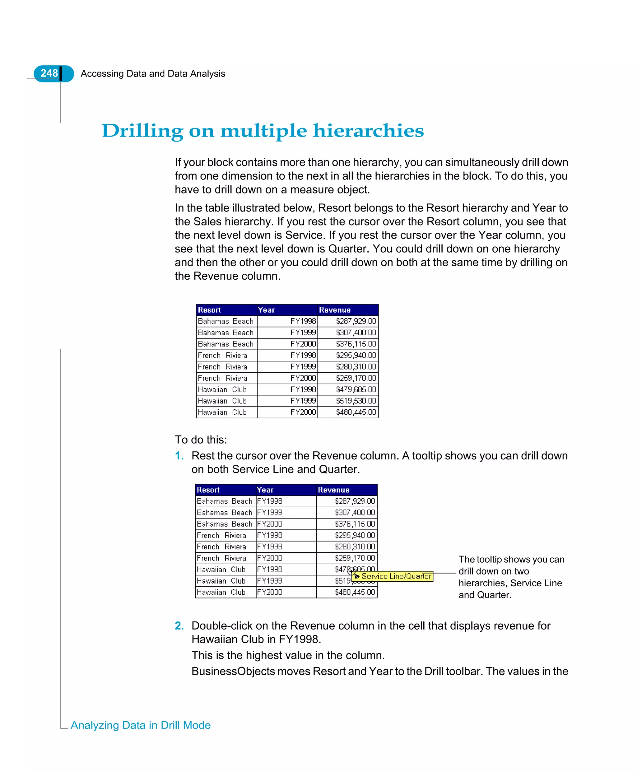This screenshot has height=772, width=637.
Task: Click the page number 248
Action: tap(49, 73)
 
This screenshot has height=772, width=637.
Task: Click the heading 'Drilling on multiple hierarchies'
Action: tap(263, 131)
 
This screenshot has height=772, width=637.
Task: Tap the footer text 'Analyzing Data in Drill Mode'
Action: tap(141, 725)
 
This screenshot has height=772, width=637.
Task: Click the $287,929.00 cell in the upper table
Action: tap(356, 321)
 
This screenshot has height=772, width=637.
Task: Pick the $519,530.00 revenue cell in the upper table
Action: tap(356, 401)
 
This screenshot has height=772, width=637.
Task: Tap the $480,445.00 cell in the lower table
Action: tap(355, 592)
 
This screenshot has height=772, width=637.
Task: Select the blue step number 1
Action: tap(179, 456)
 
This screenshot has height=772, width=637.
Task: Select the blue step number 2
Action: tap(179, 626)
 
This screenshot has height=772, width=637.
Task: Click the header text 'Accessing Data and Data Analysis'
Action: tap(153, 74)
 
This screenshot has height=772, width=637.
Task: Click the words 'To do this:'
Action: tap(201, 439)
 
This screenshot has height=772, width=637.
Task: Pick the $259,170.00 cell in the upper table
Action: tap(356, 378)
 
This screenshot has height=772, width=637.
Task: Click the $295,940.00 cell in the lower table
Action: tap(355, 535)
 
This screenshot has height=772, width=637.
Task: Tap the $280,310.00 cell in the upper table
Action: tap(356, 366)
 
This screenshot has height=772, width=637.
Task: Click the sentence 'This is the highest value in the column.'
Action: tap(288, 655)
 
